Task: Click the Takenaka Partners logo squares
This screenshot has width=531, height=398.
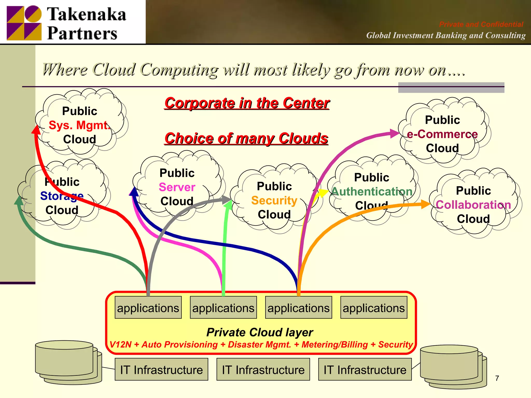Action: tap(24, 23)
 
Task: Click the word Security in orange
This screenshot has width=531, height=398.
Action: tap(274, 201)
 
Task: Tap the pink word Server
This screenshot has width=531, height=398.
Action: tap(177, 187)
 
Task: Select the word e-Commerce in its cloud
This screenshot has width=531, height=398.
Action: tap(442, 134)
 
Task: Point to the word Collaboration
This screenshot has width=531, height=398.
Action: tap(473, 205)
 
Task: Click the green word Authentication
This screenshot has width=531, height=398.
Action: tap(372, 192)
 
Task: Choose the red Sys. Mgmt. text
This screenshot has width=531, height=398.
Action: tap(79, 125)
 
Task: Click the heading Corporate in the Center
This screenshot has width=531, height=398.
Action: tap(247, 103)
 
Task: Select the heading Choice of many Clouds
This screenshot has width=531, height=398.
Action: tap(246, 138)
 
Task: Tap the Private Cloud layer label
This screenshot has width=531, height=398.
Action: tap(260, 332)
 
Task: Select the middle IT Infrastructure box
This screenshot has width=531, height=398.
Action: tap(263, 370)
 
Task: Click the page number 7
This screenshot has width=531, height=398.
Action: tap(497, 378)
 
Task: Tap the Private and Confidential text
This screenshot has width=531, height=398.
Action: tap(481, 24)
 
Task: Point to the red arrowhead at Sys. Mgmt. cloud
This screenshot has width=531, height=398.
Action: tap(36, 130)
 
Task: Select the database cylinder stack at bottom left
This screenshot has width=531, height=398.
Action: tap(68, 362)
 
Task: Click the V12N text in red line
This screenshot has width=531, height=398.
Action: tap(120, 345)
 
